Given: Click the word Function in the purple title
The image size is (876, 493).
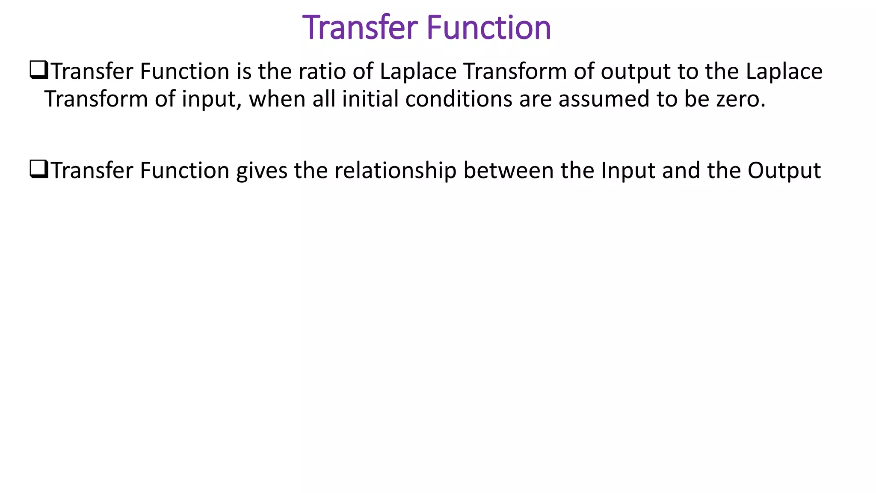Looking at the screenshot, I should tap(489, 28).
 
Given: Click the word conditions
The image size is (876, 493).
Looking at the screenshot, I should tap(459, 99).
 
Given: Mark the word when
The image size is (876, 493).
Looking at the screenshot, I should tap(277, 99).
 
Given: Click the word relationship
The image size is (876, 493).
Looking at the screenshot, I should tap(395, 171).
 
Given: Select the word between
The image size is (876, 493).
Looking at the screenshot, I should tap(509, 170).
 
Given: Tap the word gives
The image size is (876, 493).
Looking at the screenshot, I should tap(261, 171).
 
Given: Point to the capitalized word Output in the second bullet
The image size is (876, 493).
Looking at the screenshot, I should tap(784, 171).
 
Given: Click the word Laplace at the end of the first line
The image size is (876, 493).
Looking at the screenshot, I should tap(784, 71).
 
